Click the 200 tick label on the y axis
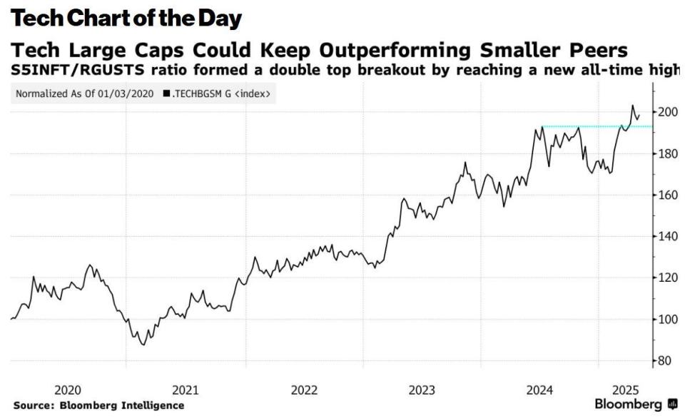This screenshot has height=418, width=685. [x=667, y=112]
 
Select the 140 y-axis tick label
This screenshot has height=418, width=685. [x=667, y=236]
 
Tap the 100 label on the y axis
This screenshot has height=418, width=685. [x=667, y=319]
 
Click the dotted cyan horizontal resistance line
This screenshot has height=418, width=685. [x=585, y=127]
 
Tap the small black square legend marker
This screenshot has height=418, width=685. [x=166, y=93]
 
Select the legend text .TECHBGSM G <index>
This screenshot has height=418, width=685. [x=221, y=93]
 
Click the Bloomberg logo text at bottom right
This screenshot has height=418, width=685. [x=628, y=404]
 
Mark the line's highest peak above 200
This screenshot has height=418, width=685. [x=632, y=106]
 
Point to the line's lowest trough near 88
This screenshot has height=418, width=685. [x=143, y=345]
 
